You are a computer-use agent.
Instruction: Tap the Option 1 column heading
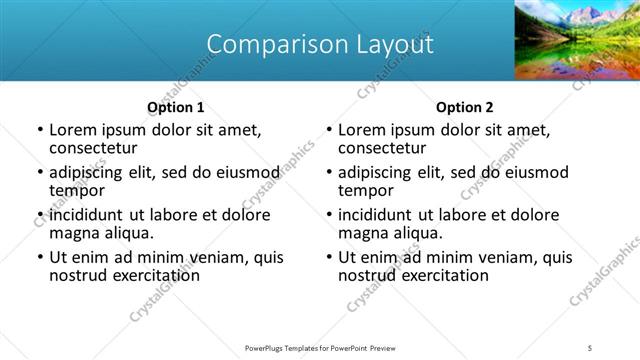point(176,107)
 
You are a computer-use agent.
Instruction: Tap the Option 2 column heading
point(465,107)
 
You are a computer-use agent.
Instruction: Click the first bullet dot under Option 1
point(40,131)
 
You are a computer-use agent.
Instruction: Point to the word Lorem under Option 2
point(362,130)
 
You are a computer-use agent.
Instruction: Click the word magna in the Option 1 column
point(73,233)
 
